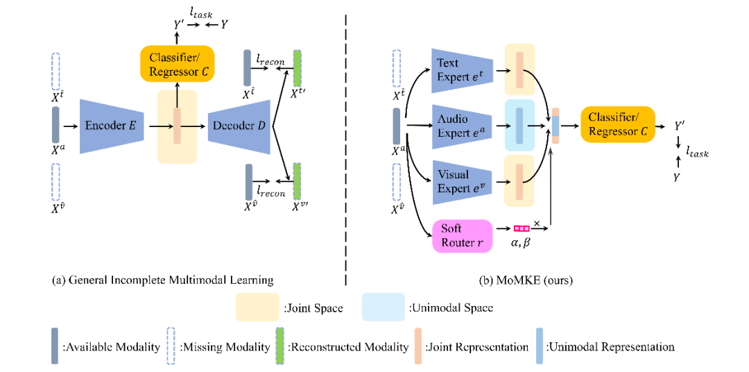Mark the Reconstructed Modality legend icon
coord(280,346)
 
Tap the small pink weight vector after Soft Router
coord(521,228)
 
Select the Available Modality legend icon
coord(54,346)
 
